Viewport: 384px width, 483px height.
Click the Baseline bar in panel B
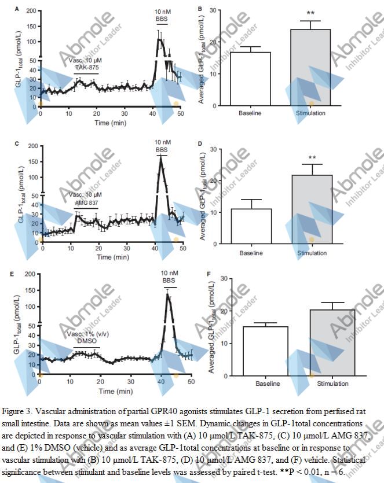(x=250, y=79)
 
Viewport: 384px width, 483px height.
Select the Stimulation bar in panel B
(x=310, y=68)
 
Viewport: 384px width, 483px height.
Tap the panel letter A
(x=17, y=9)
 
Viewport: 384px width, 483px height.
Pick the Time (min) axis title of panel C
(x=112, y=256)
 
